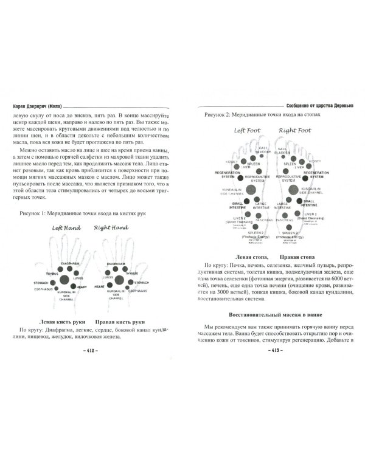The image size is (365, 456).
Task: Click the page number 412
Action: click(92, 351)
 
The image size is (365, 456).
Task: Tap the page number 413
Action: click(271, 351)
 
